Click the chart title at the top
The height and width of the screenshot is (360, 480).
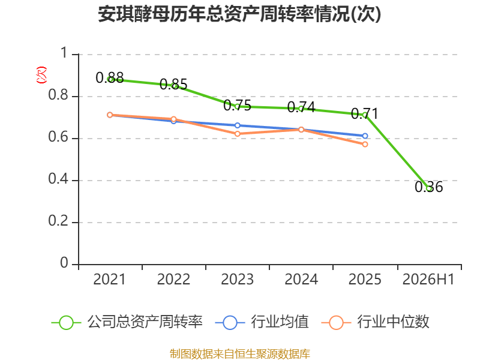(x=239, y=14)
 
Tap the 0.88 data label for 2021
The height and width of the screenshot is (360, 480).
(x=110, y=78)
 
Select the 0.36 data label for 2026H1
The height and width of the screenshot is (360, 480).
(x=428, y=187)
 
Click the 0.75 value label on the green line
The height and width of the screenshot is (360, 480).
(x=237, y=106)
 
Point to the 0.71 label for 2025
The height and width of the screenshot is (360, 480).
(x=365, y=114)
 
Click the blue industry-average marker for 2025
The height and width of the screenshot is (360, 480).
(x=365, y=136)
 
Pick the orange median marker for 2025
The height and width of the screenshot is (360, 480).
(x=365, y=144)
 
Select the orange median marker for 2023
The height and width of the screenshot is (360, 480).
(x=237, y=134)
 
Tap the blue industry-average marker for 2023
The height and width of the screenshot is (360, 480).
(x=237, y=125)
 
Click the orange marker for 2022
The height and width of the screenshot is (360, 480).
(x=173, y=119)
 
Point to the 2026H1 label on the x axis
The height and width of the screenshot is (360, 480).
(x=428, y=279)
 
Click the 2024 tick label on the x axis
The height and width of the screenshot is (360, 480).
(x=301, y=279)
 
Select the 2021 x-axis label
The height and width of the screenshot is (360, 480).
(x=109, y=279)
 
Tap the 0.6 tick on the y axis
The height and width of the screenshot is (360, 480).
(x=58, y=137)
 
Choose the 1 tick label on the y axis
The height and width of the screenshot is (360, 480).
(x=64, y=53)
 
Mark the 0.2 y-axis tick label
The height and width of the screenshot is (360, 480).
(x=58, y=221)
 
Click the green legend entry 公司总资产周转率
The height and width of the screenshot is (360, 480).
(x=127, y=322)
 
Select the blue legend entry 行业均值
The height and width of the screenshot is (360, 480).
(x=262, y=322)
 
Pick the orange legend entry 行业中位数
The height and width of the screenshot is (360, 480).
(x=376, y=322)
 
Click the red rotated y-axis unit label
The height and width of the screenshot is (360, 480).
(x=41, y=75)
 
